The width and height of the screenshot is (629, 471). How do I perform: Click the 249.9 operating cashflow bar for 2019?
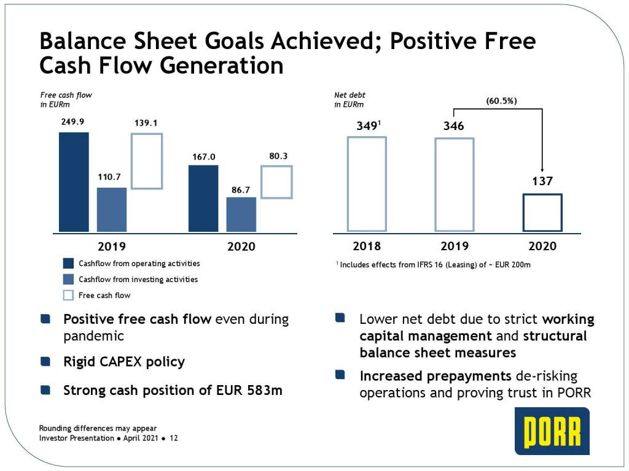[74, 182]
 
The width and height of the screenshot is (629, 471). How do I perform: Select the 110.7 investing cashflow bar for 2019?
[112, 209]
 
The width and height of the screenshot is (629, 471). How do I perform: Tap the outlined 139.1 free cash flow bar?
[147, 161]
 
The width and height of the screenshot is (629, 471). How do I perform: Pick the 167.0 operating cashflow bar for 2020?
[203, 198]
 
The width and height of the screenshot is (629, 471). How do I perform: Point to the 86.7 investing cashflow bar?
[241, 214]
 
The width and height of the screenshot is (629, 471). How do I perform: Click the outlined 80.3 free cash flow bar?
[276, 182]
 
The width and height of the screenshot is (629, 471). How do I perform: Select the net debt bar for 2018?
[367, 183]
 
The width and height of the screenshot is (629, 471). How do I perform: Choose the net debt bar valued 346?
[455, 184]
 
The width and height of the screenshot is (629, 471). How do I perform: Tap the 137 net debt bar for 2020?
[542, 212]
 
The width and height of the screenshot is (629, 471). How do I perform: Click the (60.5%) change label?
[501, 101]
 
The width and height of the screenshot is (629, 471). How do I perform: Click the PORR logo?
[552, 431]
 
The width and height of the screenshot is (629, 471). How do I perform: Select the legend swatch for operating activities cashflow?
[69, 264]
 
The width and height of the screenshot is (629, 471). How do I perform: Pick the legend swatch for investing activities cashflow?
[69, 280]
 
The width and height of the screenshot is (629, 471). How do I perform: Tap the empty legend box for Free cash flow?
[69, 296]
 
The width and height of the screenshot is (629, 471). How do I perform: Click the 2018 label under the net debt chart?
[367, 247]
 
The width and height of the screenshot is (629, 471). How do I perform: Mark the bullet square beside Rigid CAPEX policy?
[45, 362]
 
